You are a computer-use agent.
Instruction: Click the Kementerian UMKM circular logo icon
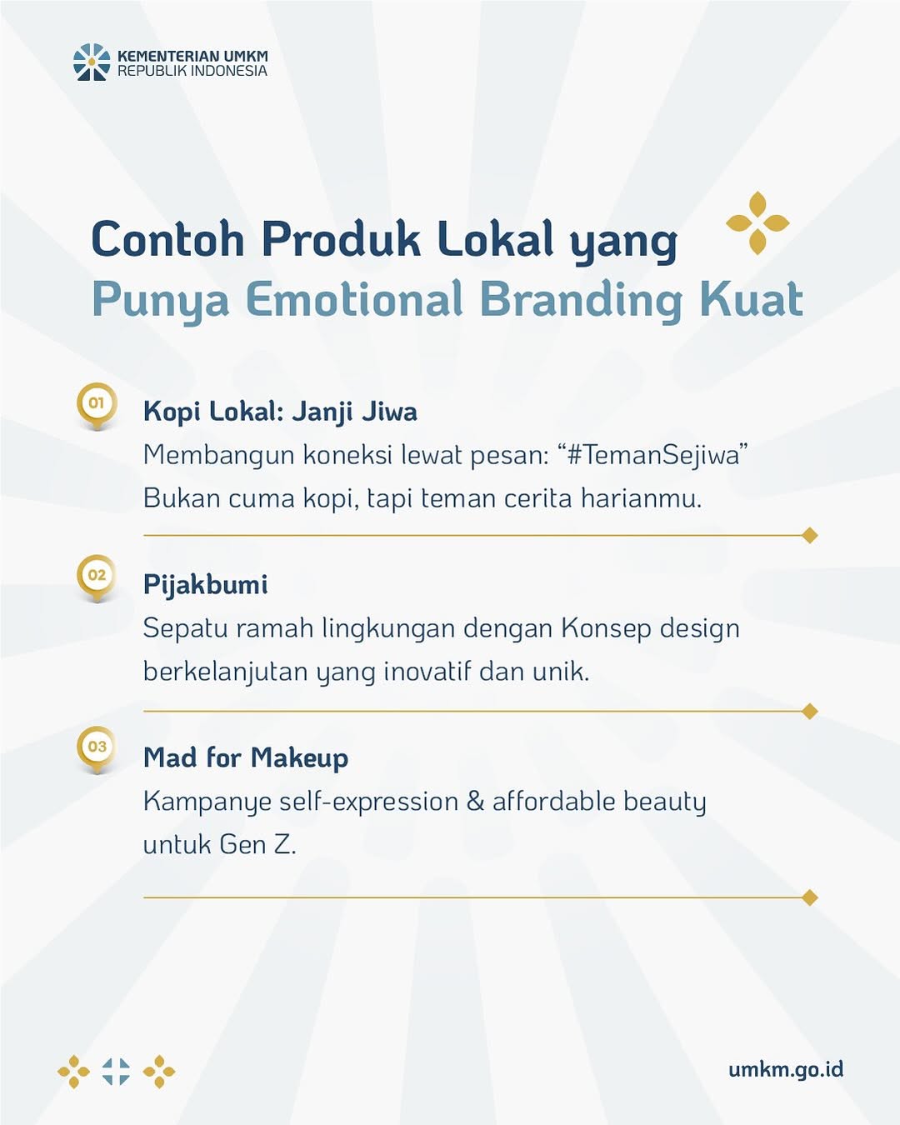(92, 62)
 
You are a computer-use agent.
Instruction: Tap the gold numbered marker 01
(97, 406)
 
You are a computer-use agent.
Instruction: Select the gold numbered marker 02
(97, 578)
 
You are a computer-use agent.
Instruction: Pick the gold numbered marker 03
(97, 750)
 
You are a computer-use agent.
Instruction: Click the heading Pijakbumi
(206, 585)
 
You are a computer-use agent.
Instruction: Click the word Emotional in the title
(354, 299)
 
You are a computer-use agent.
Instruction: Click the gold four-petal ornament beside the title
(757, 223)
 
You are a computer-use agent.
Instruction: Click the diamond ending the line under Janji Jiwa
(809, 535)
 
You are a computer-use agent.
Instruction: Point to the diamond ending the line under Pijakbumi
(809, 711)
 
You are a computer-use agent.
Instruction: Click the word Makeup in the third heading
(300, 758)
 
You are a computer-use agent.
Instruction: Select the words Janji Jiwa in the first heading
(354, 412)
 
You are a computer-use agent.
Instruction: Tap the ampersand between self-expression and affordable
(475, 801)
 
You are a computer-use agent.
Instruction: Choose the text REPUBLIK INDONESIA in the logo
(192, 71)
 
